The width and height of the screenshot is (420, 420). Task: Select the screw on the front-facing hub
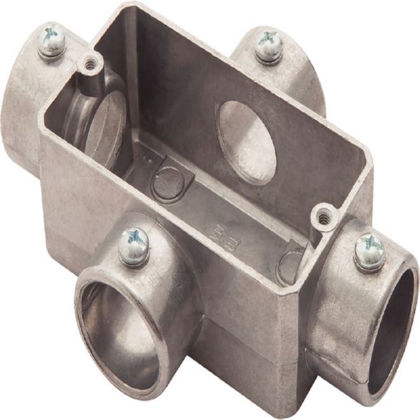coord(134,244)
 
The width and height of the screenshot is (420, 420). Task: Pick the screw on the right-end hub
coord(369,249)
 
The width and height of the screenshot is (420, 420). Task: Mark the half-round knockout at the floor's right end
coord(290,261)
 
